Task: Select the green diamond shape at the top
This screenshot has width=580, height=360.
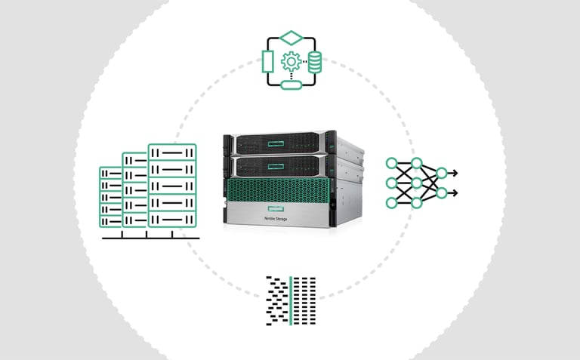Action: [291, 38]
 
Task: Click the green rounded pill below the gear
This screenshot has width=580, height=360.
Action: [291, 85]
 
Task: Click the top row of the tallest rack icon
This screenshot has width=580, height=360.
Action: [172, 152]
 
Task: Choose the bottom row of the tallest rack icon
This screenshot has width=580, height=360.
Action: [172, 219]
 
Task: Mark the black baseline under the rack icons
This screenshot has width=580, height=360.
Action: [151, 238]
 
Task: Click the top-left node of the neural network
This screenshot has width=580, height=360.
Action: [391, 163]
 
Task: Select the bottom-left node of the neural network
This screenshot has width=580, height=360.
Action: [391, 202]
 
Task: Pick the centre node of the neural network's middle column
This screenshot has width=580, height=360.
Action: [416, 183]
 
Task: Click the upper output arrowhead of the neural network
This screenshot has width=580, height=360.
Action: [455, 173]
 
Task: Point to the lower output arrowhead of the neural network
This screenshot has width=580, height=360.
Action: [455, 192]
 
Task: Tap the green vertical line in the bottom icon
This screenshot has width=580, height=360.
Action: [291, 300]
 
